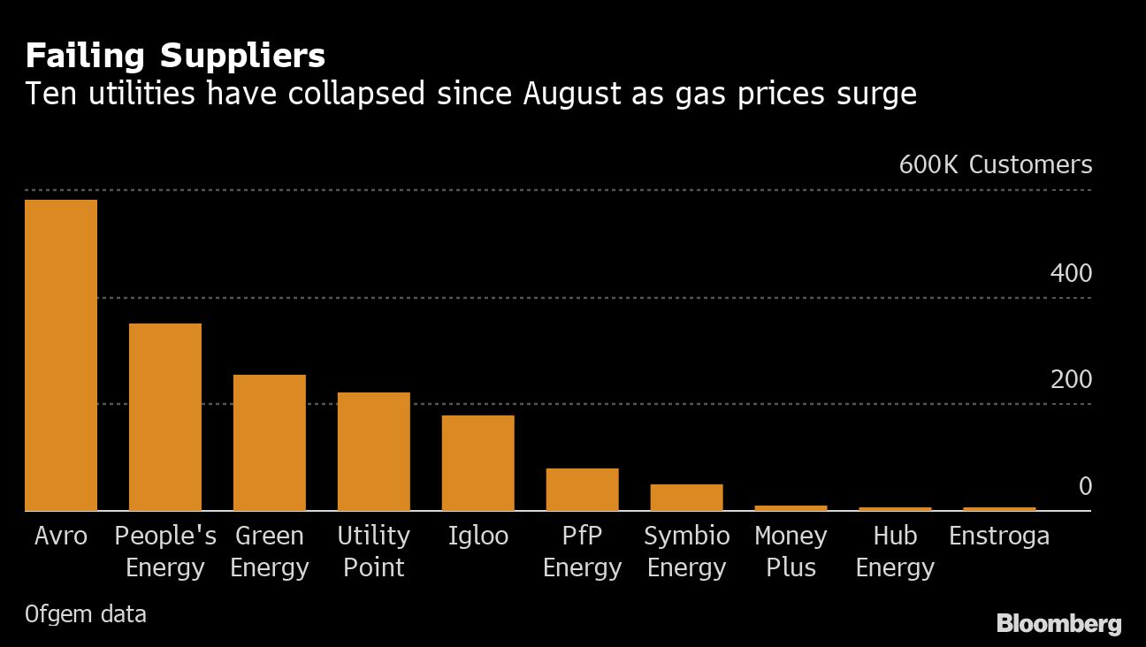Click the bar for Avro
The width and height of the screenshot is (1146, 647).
tap(61, 355)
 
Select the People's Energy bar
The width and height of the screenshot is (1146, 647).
tap(165, 417)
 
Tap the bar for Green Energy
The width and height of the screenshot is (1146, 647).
tap(270, 443)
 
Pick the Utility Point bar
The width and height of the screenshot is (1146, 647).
tap(374, 452)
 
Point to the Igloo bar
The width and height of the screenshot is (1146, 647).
tap(478, 463)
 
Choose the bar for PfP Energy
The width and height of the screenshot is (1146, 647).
tap(582, 490)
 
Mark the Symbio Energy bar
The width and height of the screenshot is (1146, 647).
tap(686, 498)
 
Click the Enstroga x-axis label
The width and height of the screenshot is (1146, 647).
tap(999, 537)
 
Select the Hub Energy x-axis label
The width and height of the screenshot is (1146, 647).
tap(895, 552)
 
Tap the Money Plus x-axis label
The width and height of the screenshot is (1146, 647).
tap(791, 552)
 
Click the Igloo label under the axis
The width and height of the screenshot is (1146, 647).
tap(478, 537)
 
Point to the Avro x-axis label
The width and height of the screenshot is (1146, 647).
tap(61, 537)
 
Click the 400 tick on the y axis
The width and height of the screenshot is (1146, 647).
tap(1071, 274)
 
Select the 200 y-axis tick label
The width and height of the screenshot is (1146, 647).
tap(1071, 380)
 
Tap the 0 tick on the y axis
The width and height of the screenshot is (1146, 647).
tap(1084, 487)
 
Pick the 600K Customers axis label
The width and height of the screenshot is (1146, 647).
tap(996, 165)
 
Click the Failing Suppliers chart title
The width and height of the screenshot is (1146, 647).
tap(175, 57)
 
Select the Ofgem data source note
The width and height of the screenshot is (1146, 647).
tap(86, 613)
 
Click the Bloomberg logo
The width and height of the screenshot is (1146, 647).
tap(1058, 624)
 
